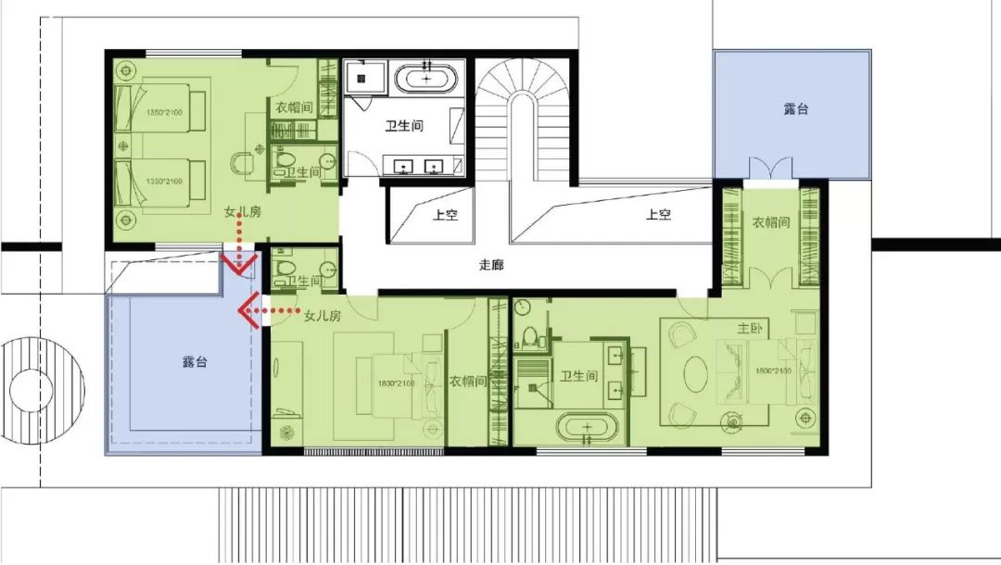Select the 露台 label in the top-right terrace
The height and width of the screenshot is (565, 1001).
[795, 108]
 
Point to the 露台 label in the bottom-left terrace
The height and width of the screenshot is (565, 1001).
[196, 362]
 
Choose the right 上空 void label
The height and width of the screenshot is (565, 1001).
[658, 214]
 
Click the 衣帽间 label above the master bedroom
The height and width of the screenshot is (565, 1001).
[770, 223]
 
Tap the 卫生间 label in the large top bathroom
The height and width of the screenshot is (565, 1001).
[404, 126]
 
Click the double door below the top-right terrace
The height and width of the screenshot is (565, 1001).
[771, 169]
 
